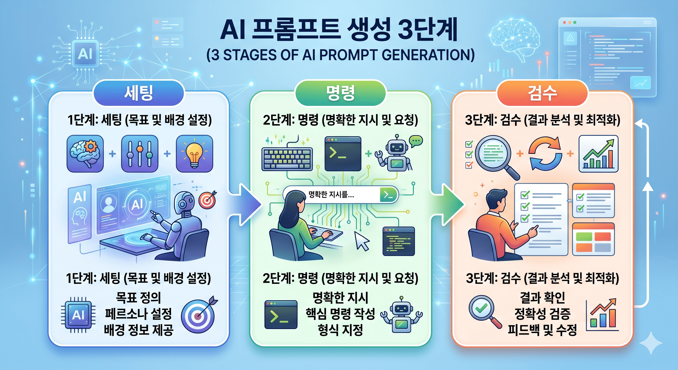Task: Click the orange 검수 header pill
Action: pos(542,93)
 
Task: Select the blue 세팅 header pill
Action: pos(139,93)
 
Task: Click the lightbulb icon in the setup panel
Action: pos(194,154)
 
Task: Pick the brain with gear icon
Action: pos(85,154)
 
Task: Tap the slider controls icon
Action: pos(139,154)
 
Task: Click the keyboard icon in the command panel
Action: pos(287,159)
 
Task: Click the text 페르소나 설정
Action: pos(138,314)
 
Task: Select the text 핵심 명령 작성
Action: pos(340,314)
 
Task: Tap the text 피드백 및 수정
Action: pos(542,330)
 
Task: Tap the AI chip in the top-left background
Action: pos(85,54)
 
